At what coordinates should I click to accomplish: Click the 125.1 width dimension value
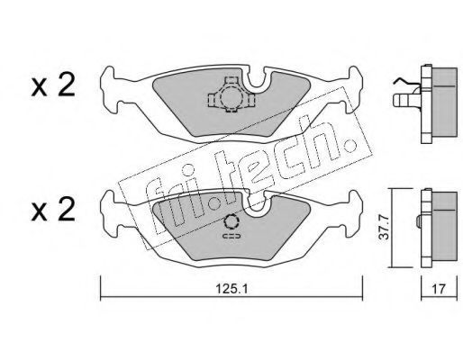point(231,289)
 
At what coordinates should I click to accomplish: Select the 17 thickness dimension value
point(439,289)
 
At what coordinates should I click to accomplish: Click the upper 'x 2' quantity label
point(53,85)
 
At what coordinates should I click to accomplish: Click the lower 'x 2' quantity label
point(53,210)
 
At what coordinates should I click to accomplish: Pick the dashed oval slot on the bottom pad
point(231,236)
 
